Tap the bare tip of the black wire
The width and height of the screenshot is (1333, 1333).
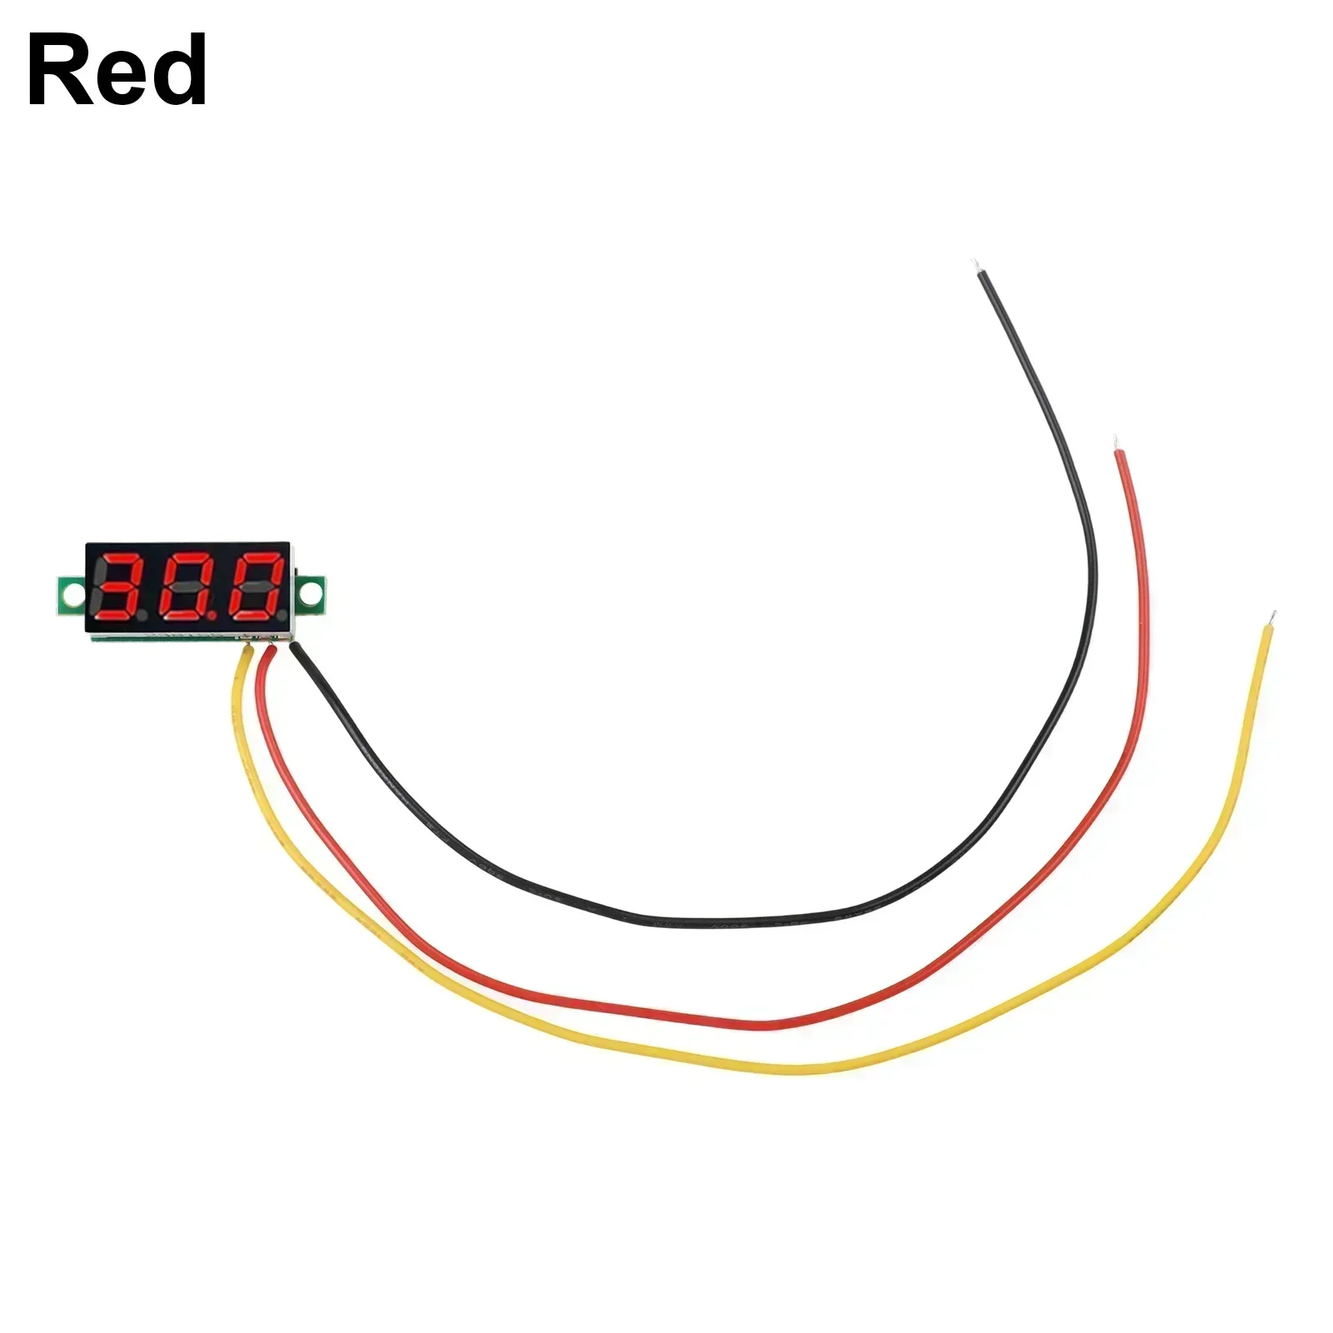coord(977,267)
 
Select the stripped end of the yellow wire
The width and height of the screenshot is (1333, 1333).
coord(1271,619)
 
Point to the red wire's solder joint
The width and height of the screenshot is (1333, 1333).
coord(268,647)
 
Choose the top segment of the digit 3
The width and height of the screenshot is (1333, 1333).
coord(127,557)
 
